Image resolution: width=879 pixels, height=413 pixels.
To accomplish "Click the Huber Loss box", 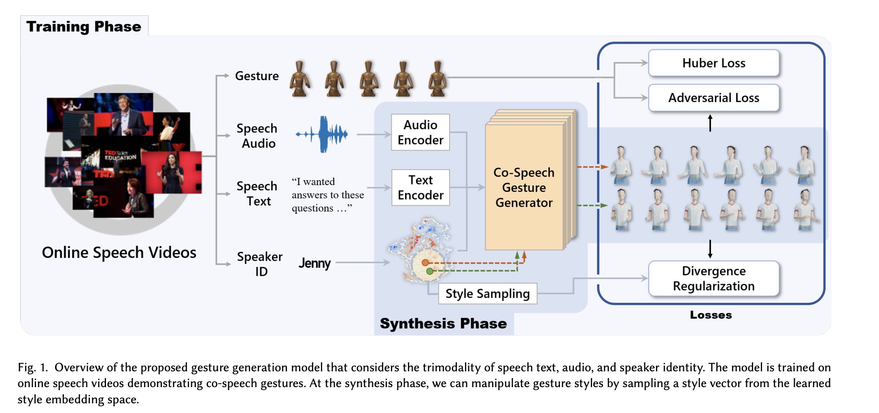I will [x=713, y=63].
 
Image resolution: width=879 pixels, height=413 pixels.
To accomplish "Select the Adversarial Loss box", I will [x=713, y=98].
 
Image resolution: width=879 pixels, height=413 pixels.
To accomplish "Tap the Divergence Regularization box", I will [x=713, y=279].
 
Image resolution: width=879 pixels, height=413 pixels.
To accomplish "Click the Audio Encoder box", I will [x=420, y=132].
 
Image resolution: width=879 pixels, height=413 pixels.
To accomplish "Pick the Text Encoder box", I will [x=420, y=187].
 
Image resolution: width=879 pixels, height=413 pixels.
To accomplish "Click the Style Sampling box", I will [x=487, y=294].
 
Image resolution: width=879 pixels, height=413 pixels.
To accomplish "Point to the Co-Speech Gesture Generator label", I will [x=524, y=187].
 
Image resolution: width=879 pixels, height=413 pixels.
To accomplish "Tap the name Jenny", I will [x=314, y=263].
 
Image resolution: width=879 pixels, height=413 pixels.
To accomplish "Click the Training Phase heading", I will [x=84, y=27].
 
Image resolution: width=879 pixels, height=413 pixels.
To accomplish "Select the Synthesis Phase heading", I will [x=443, y=324].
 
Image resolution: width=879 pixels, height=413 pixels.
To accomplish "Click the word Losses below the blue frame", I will [x=711, y=315].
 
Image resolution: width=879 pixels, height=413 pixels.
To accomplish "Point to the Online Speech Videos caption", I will [x=119, y=253].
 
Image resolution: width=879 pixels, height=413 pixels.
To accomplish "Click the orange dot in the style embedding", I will [x=425, y=263].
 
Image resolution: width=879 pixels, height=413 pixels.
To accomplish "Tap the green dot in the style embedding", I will [x=429, y=271].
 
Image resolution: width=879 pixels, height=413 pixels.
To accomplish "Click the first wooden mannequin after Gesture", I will [x=299, y=79].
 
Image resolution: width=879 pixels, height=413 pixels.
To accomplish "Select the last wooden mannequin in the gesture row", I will [x=437, y=79].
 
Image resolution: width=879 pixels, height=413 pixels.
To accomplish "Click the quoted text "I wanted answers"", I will [x=327, y=195].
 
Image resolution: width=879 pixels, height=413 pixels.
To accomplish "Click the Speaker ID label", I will [x=260, y=264].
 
